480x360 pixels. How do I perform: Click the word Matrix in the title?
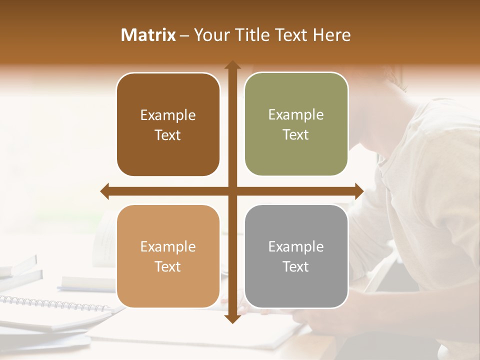[x=148, y=35]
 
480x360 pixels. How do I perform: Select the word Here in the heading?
[x=332, y=35]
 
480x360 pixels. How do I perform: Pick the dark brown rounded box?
[x=168, y=125]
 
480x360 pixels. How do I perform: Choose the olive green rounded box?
[x=296, y=124]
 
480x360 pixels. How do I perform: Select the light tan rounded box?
[x=168, y=256]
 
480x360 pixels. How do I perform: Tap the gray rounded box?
[x=296, y=256]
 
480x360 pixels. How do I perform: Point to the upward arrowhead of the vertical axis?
[x=232, y=65]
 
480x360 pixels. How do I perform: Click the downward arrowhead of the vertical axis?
[x=232, y=318]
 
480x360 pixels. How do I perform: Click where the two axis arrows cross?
[x=232, y=191]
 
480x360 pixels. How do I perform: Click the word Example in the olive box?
[x=296, y=114]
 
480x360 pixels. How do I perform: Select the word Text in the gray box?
[x=296, y=266]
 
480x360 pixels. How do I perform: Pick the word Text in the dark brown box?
[x=168, y=135]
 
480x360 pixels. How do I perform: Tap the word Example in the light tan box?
[x=168, y=246]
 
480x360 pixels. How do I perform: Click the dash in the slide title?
[x=184, y=35]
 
